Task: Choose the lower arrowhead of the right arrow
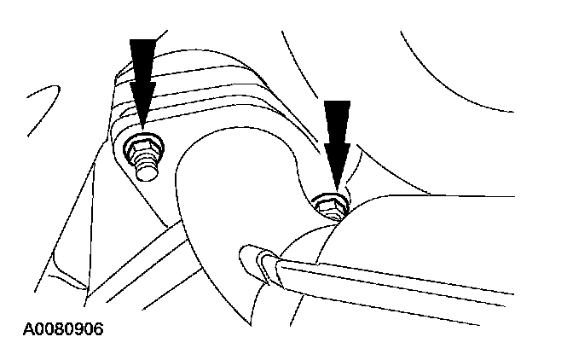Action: (x=339, y=158)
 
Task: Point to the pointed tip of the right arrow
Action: (x=339, y=189)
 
